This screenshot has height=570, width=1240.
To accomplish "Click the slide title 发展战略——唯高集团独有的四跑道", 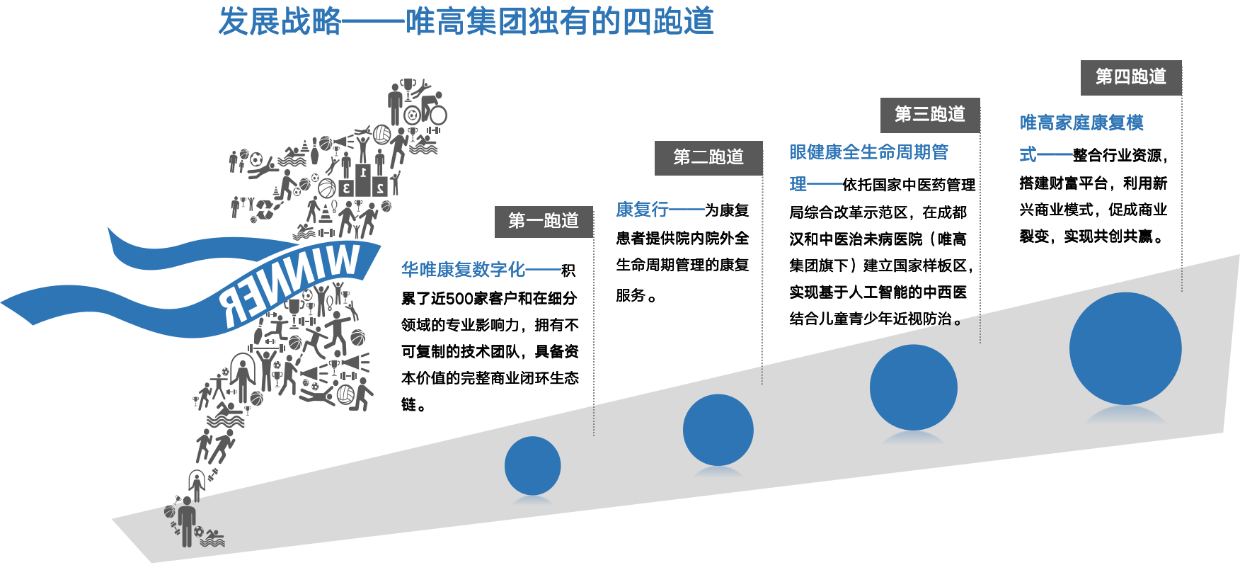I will (466, 21).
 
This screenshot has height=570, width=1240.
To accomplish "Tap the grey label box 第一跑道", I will (544, 221).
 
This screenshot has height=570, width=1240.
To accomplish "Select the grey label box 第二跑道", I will (708, 157).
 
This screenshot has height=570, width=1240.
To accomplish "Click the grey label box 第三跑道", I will (930, 115).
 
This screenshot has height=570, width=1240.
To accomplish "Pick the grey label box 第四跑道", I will (1131, 77).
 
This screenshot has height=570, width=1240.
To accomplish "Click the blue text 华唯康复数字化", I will (463, 269).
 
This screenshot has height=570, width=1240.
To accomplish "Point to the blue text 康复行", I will (642, 210).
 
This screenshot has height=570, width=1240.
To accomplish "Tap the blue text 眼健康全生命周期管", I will (868, 152).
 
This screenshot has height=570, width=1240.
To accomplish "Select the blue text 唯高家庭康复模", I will (1081, 123).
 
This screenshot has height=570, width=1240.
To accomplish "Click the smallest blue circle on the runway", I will (532, 466).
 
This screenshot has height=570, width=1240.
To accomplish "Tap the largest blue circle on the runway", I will (1125, 348).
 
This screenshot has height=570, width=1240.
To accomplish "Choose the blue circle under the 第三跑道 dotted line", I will (913, 387).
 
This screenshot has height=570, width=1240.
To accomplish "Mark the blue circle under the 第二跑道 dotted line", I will (718, 430).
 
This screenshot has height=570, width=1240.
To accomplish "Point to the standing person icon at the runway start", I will (187, 521).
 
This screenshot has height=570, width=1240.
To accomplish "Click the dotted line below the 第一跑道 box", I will (593, 333).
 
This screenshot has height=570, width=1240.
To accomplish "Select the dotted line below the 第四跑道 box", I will (1182, 191).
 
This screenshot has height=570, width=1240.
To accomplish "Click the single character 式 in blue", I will (1028, 154).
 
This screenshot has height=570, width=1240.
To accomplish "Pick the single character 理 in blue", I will (798, 184).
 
